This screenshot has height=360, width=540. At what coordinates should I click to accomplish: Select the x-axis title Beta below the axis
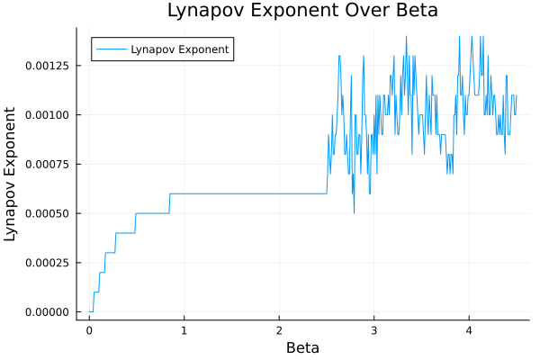coord(302,347)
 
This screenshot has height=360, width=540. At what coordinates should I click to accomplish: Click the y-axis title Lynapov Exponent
coord(11,174)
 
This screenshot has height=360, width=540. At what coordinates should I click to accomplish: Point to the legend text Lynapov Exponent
coord(179,49)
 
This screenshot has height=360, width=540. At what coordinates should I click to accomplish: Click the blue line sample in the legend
coord(111,49)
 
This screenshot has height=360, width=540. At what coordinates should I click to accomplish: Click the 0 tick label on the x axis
coord(89,330)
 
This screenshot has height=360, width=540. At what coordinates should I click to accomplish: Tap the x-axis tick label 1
coord(184,330)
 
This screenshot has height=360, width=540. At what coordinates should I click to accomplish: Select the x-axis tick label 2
coord(279,330)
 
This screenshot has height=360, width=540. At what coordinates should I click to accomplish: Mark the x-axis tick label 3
coord(373,330)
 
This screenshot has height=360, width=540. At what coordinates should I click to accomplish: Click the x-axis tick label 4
coord(469,330)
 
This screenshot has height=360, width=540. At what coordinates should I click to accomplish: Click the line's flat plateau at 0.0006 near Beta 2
coord(279,193)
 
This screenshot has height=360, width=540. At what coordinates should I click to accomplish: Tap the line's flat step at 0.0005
coord(152,213)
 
